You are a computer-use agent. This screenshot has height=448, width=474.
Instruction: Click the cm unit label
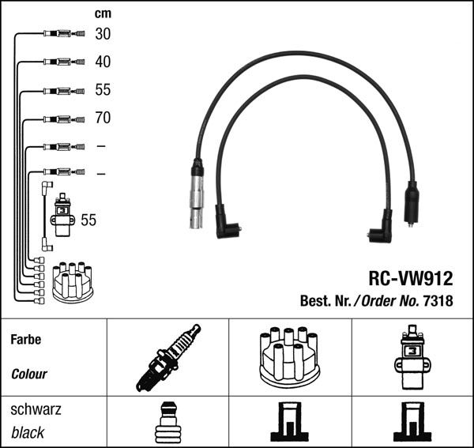pyautogui.click(x=103, y=13)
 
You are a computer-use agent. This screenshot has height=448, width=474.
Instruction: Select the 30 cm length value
pyautogui.click(x=103, y=34)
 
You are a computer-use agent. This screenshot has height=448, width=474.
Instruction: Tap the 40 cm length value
pyautogui.click(x=103, y=62)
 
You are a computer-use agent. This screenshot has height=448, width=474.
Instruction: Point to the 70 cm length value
pyautogui.click(x=103, y=119)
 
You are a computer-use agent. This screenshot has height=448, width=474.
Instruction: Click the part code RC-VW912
pyautogui.click(x=411, y=278)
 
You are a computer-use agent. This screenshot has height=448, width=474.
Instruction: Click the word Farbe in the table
pyautogui.click(x=26, y=340)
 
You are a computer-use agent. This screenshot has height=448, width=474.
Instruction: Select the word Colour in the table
pyautogui.click(x=29, y=374)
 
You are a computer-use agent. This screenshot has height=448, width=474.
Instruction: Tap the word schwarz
pyautogui.click(x=36, y=411)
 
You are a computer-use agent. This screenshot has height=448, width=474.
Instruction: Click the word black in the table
pyautogui.click(x=28, y=432)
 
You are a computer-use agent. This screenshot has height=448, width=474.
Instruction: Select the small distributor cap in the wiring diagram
pyautogui.click(x=73, y=282)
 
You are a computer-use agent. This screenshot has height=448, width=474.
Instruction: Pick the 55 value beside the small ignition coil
pyautogui.click(x=88, y=220)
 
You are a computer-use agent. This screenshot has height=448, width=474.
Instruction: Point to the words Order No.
pyautogui.click(x=390, y=301)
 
